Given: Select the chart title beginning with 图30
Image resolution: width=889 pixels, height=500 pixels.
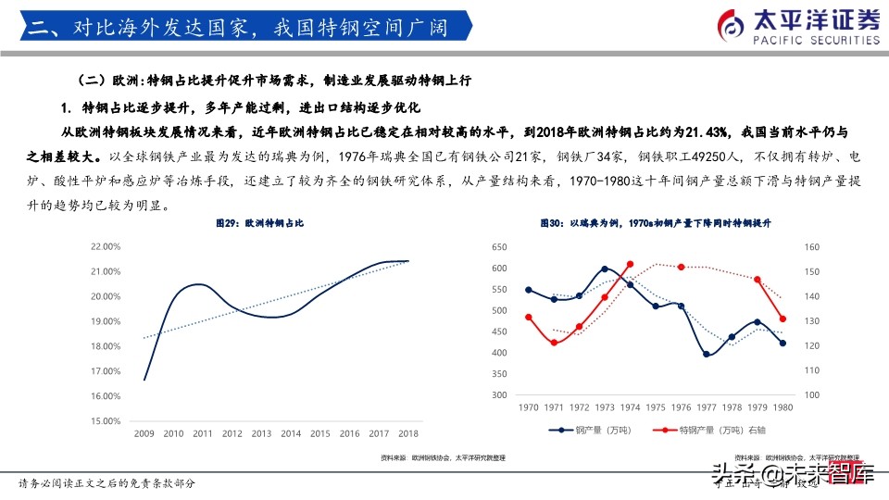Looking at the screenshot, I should coord(657,224).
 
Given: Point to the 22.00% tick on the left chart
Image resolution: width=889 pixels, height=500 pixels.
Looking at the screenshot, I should coord(106,247).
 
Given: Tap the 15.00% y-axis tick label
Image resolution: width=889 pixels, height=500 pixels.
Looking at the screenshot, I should coord(106,421).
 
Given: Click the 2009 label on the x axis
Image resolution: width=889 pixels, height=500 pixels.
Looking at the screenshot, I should coord(144,433).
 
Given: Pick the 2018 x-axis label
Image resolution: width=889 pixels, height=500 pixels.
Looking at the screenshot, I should coord(408,433).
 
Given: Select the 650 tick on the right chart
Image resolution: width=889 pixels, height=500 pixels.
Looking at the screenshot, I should coord(500,247).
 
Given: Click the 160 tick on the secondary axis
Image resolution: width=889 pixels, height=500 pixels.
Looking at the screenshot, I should coord(812,247).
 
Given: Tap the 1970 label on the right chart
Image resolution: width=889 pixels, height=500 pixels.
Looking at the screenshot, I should coord(528,407).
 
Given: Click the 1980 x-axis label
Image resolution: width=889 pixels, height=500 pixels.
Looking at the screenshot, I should coord(783,407).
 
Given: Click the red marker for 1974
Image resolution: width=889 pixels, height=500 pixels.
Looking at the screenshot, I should coord(630,265).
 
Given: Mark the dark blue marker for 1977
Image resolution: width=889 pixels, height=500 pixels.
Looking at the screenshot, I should coord(707,354).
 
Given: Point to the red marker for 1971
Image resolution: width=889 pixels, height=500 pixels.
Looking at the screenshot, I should coord(554,343).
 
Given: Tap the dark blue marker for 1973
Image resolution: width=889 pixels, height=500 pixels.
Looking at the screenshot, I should coord(605,269).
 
